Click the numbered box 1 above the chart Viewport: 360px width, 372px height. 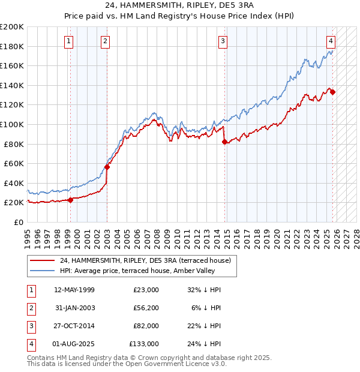pyautogui.click(x=69, y=41)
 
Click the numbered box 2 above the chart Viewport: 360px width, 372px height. pyautogui.click(x=105, y=41)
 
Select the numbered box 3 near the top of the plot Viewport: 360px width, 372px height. pyautogui.click(x=223, y=41)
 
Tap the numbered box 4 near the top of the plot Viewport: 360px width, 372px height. pyautogui.click(x=331, y=41)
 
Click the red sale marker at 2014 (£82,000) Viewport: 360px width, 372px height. pyautogui.click(x=224, y=142)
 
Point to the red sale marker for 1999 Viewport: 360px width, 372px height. pyautogui.click(x=70, y=200)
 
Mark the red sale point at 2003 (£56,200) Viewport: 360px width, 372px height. pyautogui.click(x=107, y=167)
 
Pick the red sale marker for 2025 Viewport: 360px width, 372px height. pyautogui.click(x=332, y=92)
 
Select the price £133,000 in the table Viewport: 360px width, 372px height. pyautogui.click(x=144, y=344)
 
